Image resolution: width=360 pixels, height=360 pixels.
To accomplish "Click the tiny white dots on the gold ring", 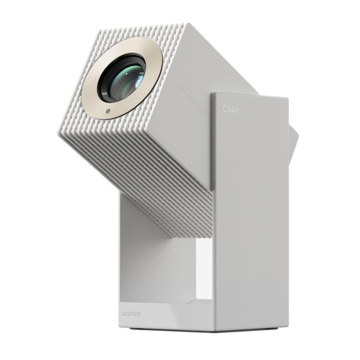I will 91,80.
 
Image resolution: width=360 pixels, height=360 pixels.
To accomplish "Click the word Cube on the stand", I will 230,109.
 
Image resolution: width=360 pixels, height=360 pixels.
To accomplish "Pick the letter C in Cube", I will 225,109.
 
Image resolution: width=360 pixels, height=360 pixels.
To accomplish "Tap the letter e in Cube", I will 237,110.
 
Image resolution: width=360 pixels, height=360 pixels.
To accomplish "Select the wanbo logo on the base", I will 135,312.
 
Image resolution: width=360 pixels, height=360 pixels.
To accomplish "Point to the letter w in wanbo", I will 126,312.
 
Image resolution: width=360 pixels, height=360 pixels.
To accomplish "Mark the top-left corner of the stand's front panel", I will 212,94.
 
